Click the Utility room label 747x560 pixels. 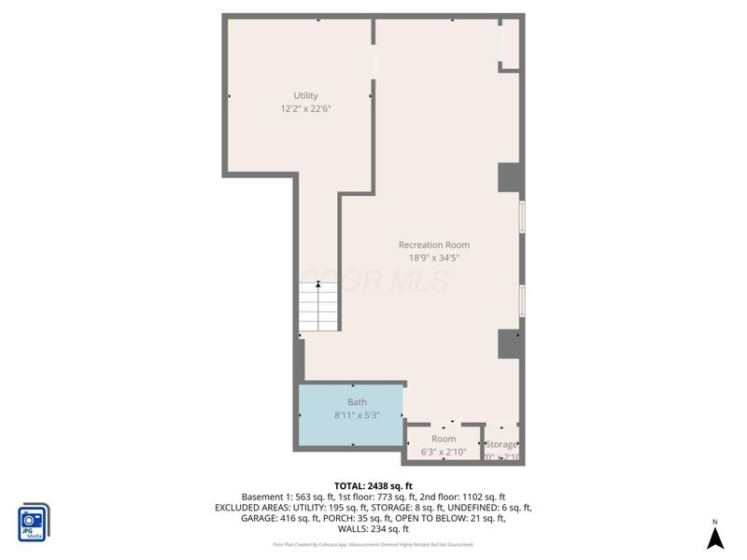(306, 95)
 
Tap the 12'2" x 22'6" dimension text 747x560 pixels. (306, 108)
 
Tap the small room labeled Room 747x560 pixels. (444, 439)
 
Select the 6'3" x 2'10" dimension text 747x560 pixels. (444, 454)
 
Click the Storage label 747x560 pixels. (500, 444)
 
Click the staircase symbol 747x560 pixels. (318, 308)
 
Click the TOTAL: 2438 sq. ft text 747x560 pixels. (373, 485)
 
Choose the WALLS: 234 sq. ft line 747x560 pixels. (373, 530)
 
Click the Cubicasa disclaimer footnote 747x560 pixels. (373, 544)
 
